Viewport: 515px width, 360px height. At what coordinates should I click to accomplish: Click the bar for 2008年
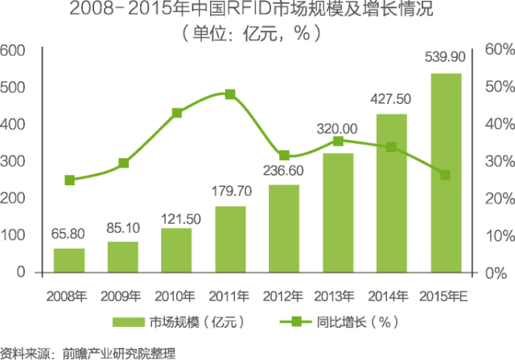[69, 260]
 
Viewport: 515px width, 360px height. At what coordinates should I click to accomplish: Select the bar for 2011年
[230, 239]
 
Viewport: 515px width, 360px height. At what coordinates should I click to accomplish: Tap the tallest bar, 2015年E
[445, 172]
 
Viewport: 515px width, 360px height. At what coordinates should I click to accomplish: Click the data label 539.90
[445, 57]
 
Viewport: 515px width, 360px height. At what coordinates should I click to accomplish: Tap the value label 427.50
[391, 98]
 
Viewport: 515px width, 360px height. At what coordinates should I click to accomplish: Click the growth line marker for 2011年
[230, 94]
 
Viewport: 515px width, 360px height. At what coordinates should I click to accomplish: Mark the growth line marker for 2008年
[69, 180]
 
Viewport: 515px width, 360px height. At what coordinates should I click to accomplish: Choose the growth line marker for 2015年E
[445, 175]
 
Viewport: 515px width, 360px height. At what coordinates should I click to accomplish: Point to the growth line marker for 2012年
[284, 155]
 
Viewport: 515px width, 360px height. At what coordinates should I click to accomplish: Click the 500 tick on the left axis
[15, 87]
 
